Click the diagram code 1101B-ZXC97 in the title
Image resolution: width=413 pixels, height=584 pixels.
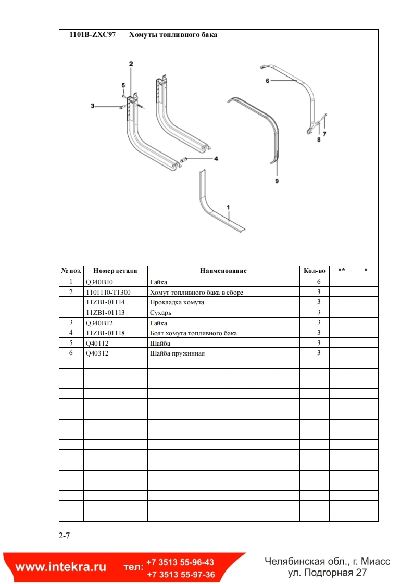coord(93,35)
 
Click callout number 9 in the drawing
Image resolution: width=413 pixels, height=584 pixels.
coord(277,181)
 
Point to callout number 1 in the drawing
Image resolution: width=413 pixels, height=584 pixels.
coord(228,207)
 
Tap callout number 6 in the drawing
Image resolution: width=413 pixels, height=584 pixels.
coord(267,81)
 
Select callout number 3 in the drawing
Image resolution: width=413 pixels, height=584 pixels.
coord(93,106)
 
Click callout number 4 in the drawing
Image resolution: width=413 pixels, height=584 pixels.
coord(216,158)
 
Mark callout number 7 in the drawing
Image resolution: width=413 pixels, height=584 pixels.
coord(324,134)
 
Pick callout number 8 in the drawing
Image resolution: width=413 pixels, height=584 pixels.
coord(319,139)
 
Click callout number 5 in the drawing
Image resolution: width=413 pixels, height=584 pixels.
coord(123,85)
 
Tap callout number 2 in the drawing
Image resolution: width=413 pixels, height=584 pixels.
coord(131,64)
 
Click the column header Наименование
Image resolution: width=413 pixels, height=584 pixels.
coord(223,271)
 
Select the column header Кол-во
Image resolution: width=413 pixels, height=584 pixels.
coord(315,271)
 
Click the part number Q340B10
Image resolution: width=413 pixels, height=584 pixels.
coord(98,282)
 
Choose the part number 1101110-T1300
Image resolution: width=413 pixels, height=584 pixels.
coord(108,292)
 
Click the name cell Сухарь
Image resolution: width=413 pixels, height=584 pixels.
coord(161,312)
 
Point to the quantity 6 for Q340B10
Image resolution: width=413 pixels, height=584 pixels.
coord(318,282)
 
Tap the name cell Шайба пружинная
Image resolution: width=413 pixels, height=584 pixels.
coord(177,353)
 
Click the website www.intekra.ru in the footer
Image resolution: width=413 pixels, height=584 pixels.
coord(60,567)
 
